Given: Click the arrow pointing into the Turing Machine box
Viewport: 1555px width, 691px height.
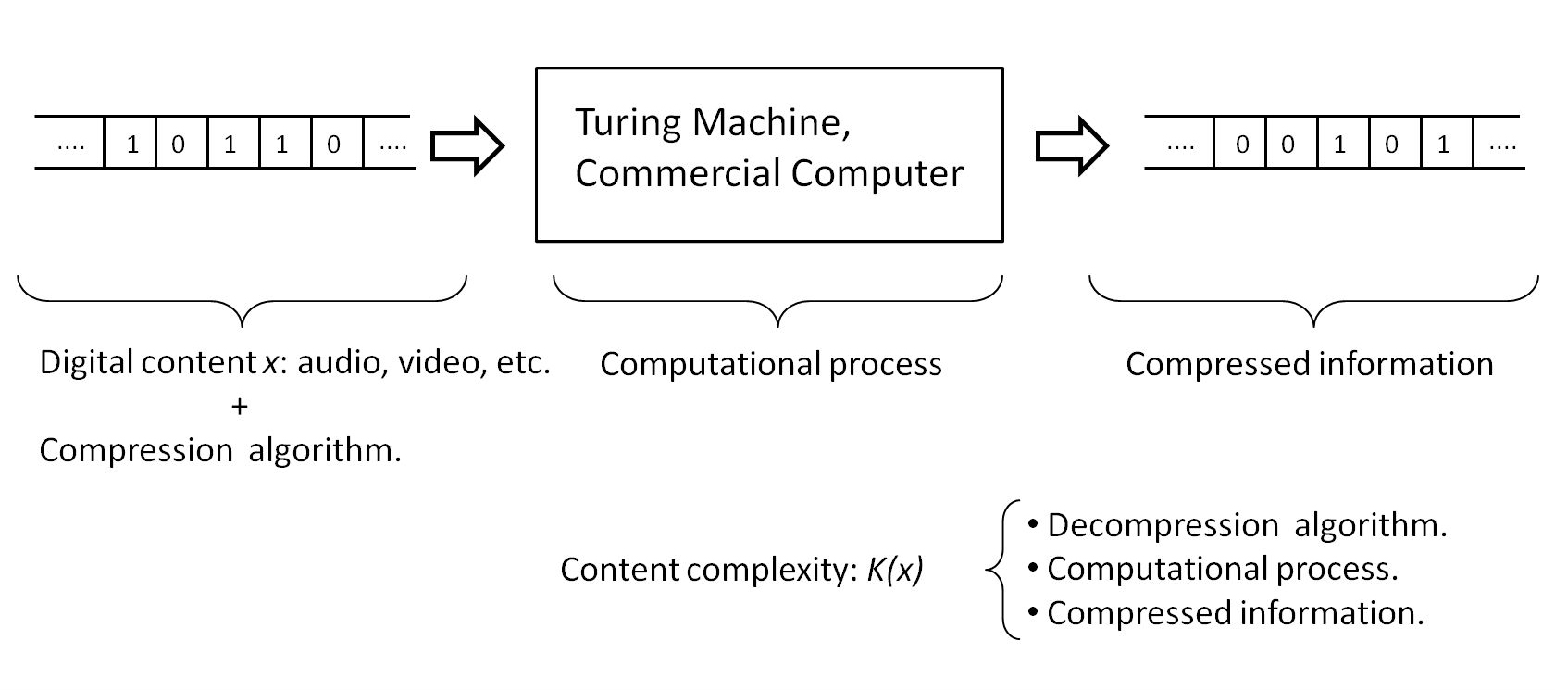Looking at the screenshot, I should (467, 145).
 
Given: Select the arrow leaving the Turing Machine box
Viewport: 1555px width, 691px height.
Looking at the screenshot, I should (1071, 145).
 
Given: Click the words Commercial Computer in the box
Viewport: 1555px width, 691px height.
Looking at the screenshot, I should (768, 174).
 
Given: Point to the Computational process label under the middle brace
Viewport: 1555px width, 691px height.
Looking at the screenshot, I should (770, 364).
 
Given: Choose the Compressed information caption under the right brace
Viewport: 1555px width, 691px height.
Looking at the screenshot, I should (1309, 364).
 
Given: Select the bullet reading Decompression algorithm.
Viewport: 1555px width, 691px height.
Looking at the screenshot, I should (1246, 525).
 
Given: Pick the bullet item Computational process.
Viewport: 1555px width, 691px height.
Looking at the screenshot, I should (1222, 569).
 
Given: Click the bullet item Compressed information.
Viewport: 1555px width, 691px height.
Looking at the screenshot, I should (1235, 613).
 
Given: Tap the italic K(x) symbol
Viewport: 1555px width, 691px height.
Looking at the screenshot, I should (894, 570).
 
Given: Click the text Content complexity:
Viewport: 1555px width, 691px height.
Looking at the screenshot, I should (709, 570).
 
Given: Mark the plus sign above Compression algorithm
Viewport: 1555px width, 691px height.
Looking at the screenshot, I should (240, 406).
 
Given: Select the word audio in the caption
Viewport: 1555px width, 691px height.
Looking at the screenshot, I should (339, 363).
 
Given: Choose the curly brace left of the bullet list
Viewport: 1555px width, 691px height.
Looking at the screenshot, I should (1001, 570).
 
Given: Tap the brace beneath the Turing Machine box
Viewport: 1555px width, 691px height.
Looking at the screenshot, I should (777, 301).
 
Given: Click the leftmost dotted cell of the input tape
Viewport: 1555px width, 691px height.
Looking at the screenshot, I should (70, 144).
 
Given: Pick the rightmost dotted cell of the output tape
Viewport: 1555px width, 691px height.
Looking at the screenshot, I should (1502, 144).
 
